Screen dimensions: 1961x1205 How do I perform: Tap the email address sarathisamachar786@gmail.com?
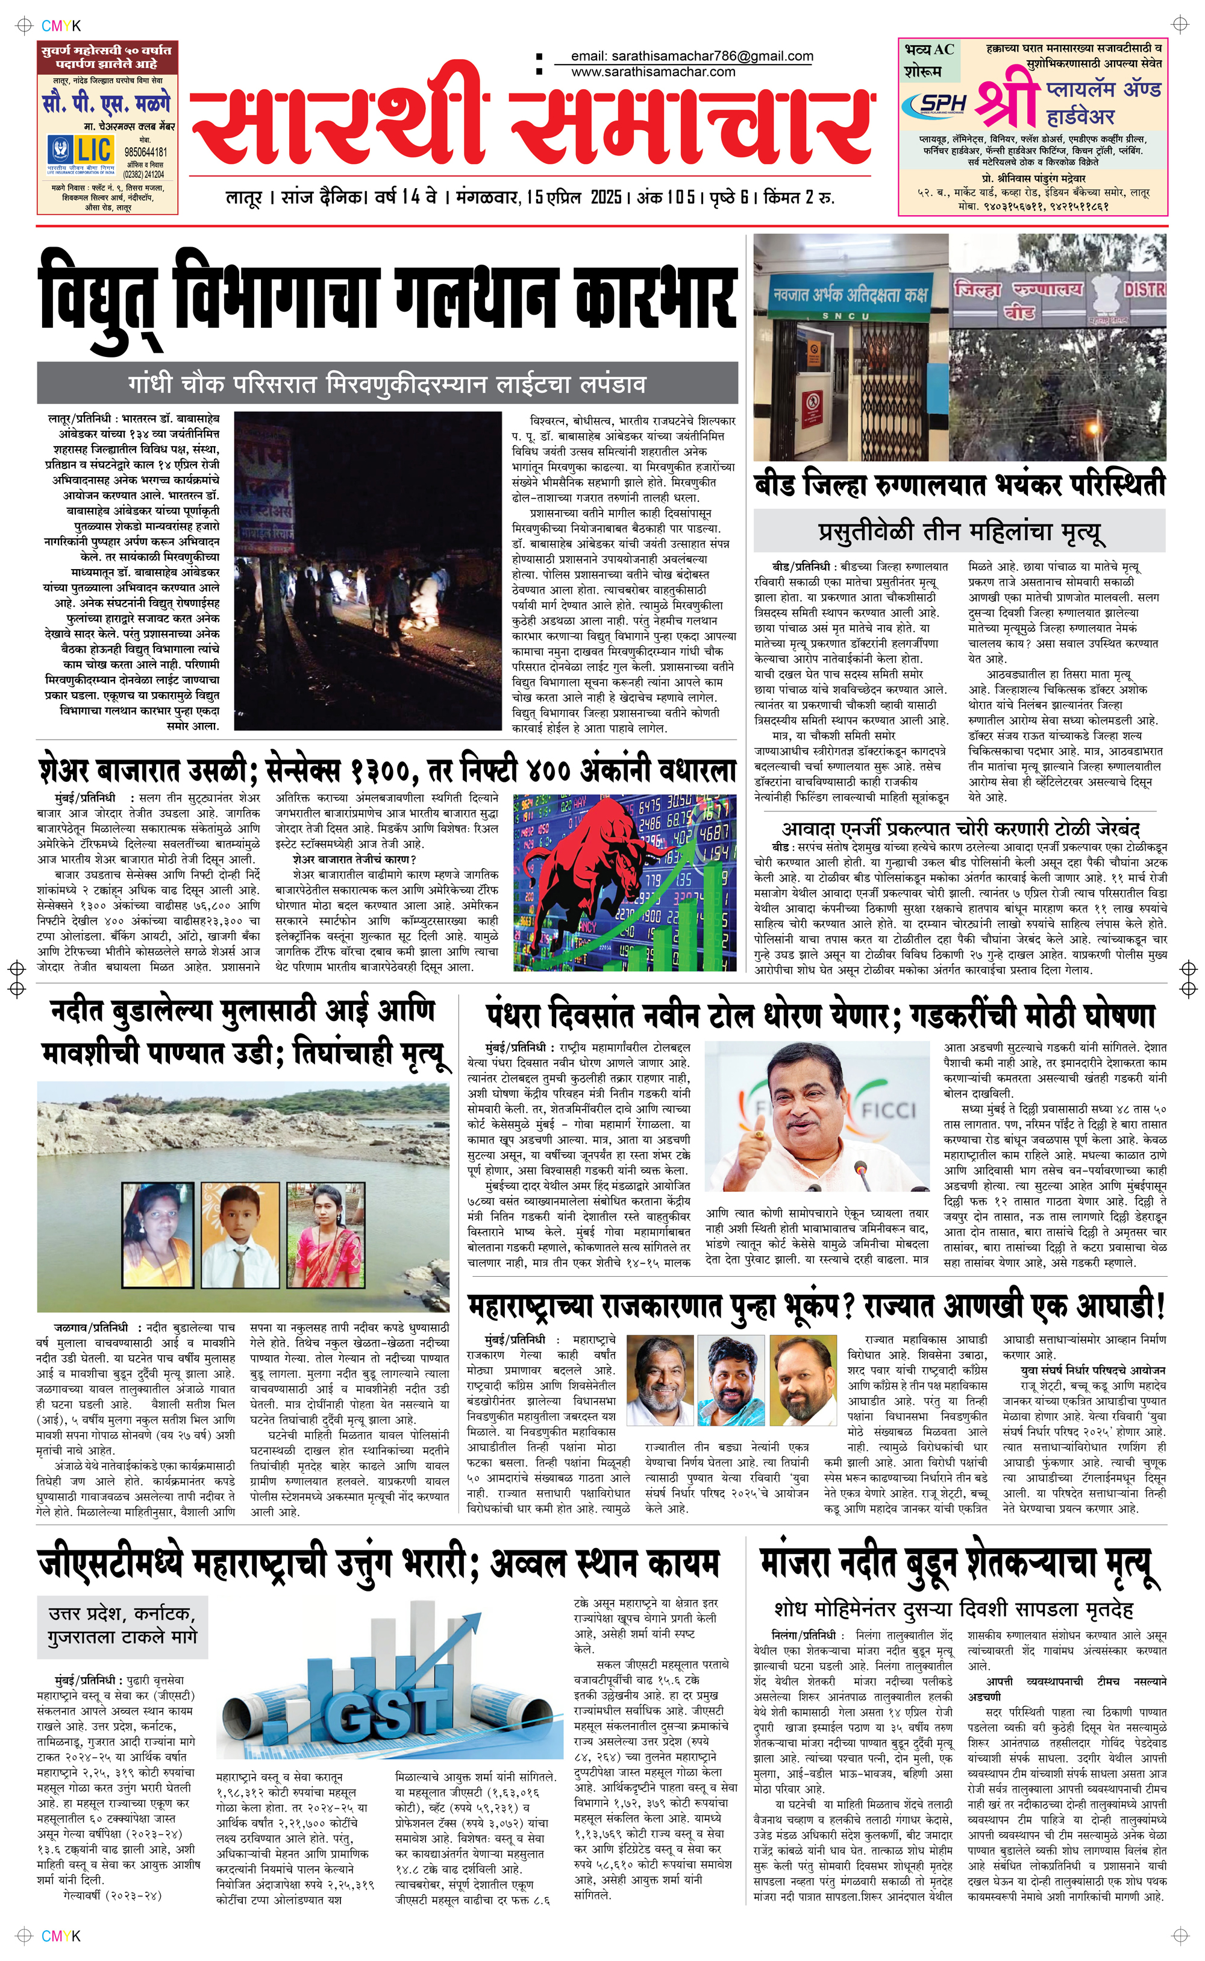pyautogui.click(x=692, y=56)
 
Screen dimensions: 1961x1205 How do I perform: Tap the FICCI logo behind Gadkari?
pyautogui.click(x=889, y=1110)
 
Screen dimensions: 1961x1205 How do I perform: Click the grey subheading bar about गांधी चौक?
pyautogui.click(x=387, y=384)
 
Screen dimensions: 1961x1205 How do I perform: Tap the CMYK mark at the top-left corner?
pyautogui.click(x=61, y=25)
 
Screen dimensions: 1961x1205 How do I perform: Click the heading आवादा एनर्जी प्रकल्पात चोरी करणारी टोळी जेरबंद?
pyautogui.click(x=960, y=828)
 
